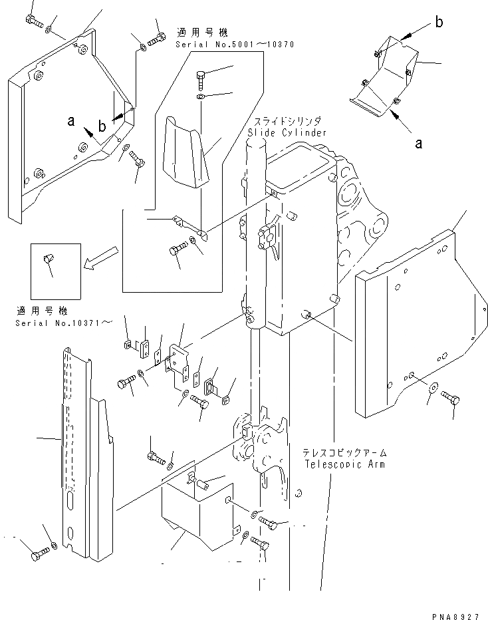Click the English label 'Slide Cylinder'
click(x=287, y=132)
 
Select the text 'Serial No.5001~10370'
click(x=234, y=43)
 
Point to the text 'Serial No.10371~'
click(x=64, y=323)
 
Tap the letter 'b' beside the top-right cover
click(x=439, y=23)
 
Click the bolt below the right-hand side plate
click(x=450, y=398)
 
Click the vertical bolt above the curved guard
click(x=202, y=80)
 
